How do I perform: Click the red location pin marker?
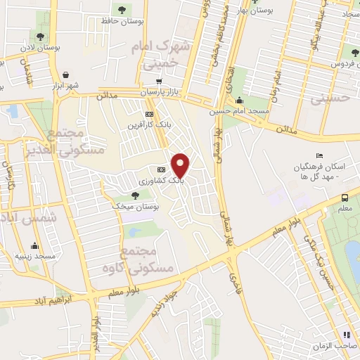point(181,165)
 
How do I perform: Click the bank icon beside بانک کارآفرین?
point(148,114)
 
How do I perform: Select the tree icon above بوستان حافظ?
point(123,10)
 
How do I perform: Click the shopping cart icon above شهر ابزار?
point(65,75)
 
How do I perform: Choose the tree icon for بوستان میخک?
point(135,195)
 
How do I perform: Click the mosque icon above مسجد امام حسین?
point(239,99)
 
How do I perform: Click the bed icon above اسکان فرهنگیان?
point(321,155)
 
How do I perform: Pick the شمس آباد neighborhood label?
point(20,219)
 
